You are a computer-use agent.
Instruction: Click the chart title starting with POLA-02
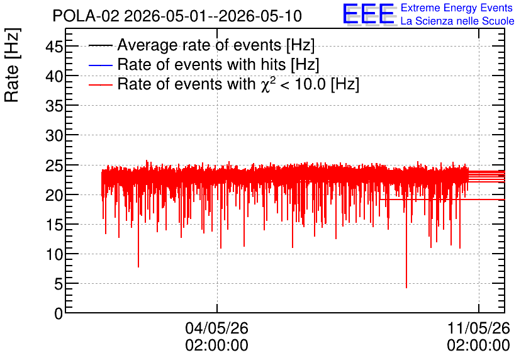point(177,16)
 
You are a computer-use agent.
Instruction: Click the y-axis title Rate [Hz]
point(12,65)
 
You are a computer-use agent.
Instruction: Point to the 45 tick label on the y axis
point(54,47)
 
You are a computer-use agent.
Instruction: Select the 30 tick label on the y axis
point(54,135)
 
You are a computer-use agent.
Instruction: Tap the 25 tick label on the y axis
point(54,165)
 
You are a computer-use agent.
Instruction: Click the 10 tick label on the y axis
point(54,254)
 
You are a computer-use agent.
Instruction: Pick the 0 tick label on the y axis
point(59,313)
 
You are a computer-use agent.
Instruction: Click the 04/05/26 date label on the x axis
point(216,328)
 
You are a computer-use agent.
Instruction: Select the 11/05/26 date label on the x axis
point(479,328)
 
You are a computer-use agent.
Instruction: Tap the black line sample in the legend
point(100,45)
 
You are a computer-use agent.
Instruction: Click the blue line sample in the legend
point(100,65)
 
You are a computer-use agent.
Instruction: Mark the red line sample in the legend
point(100,85)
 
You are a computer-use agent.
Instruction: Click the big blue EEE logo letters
point(368,14)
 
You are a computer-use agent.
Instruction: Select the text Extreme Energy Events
point(457,8)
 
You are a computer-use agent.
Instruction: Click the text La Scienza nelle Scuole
point(457,21)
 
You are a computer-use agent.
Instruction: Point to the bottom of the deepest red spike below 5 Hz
point(406,288)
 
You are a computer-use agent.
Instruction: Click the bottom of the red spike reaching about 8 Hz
point(138,267)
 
